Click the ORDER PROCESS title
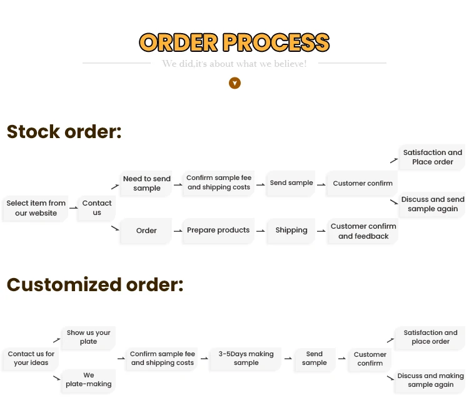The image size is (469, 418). tap(234, 42)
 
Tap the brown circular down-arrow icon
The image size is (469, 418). tap(234, 83)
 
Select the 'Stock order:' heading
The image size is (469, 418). tap(64, 132)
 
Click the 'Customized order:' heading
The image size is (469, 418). tap(95, 285)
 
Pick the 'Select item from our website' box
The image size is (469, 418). tap(36, 208)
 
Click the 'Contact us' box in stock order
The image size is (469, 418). tap(97, 207)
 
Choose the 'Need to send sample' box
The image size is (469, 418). tap(147, 183)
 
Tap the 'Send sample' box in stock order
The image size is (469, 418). tap(291, 183)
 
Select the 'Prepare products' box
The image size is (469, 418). tap(218, 230)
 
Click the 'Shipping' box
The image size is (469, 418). tap(291, 230)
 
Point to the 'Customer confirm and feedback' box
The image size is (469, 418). tap(363, 231)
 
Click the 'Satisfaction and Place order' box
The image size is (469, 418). tap(433, 157)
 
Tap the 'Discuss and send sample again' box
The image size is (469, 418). tap(433, 204)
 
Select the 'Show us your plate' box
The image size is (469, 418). tap(89, 337)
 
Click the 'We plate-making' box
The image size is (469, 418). tap(89, 380)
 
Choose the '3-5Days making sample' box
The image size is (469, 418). tap(246, 358)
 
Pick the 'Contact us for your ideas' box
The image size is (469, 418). tap(31, 358)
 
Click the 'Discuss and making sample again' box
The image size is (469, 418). tap(430, 380)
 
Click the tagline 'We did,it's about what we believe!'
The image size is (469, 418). tap(234, 64)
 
